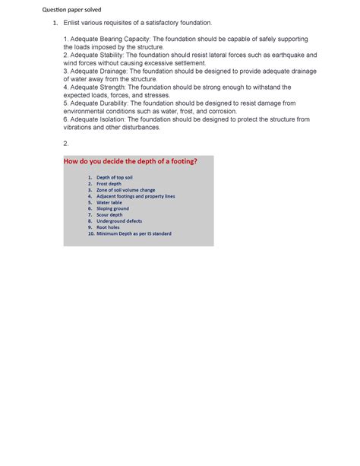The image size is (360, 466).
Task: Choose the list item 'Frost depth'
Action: (109, 184)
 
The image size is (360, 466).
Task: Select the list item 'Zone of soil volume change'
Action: (125, 190)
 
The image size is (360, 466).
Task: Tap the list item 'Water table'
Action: (109, 203)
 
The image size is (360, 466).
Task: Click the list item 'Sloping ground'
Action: (112, 209)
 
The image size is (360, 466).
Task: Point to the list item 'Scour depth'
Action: (109, 215)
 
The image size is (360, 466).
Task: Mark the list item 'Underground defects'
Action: (119, 221)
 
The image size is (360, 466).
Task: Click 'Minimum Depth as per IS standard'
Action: (134, 234)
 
